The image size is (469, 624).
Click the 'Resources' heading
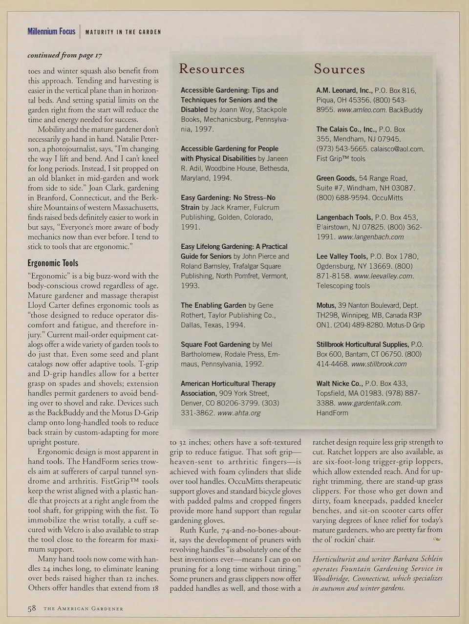212,69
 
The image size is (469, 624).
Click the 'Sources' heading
339,69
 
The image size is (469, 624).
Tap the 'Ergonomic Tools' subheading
53,263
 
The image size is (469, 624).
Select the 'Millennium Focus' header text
51,32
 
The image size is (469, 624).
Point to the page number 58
32,608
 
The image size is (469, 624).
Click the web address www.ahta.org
238,413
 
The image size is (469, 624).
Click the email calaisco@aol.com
397,149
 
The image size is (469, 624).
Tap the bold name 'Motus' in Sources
325,305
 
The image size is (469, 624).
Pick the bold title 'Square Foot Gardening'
215,344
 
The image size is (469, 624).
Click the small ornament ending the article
437,539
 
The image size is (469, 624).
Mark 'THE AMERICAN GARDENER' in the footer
83,609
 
